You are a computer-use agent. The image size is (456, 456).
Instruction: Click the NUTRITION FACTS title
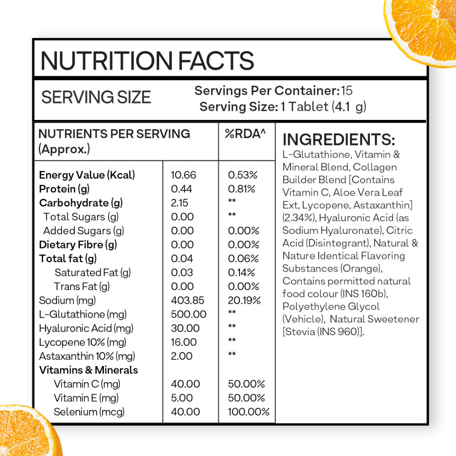tap(147, 61)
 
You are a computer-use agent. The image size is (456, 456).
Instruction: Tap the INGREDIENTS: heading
tap(339, 140)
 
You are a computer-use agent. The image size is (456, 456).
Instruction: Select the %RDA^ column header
tap(245, 134)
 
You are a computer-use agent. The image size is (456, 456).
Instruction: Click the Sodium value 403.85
tap(187, 301)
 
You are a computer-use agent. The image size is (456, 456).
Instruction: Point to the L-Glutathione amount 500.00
tap(188, 314)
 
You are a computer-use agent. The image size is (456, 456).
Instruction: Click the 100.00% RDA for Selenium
tap(249, 412)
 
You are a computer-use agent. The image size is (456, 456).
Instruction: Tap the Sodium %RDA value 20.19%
tap(244, 301)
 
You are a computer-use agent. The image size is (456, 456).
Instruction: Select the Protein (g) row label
tap(63, 189)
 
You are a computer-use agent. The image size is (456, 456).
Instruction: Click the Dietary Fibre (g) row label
tap(78, 245)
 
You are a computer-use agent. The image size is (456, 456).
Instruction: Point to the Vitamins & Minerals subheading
tap(88, 370)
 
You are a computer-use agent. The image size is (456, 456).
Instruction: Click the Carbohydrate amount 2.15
tap(179, 203)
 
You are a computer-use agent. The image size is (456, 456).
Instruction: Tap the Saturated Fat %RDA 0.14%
tap(241, 273)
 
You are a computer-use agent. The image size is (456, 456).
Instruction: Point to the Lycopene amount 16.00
tap(184, 342)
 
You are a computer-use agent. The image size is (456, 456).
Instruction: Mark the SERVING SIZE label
tap(96, 97)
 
